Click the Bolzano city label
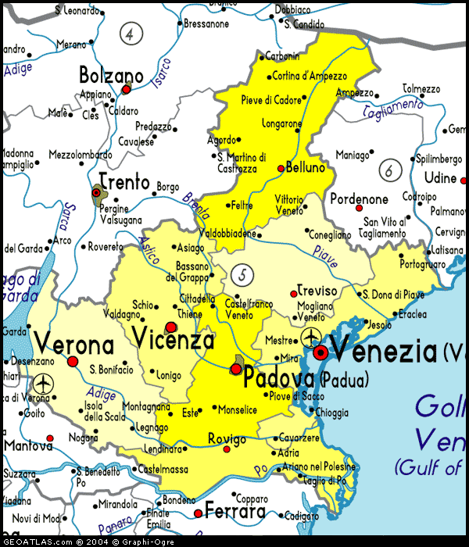coord(111,76)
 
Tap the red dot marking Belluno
coord(281,168)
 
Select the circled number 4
coord(131,34)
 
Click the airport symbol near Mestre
coord(310,338)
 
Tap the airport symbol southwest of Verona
coord(42,384)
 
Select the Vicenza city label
coord(173,341)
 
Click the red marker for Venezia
coord(320,353)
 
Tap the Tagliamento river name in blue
coord(393,110)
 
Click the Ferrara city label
coord(234,513)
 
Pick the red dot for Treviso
coord(294,294)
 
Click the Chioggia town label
coord(331,413)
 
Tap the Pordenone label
coord(359,199)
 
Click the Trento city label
coord(124,183)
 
